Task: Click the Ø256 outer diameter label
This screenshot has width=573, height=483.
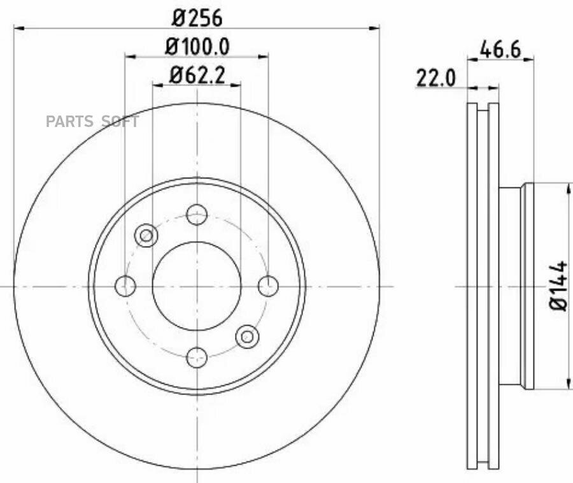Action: point(197,18)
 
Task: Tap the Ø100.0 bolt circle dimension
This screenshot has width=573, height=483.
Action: point(197,47)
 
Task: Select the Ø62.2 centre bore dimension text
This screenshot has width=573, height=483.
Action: point(197,75)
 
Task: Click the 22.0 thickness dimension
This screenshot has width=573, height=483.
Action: point(436,78)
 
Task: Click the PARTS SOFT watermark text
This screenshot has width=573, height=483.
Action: point(92,122)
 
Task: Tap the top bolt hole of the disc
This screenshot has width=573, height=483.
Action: point(197,215)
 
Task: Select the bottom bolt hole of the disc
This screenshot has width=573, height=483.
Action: point(197,357)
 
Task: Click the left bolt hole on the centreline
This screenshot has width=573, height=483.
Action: point(125,286)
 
